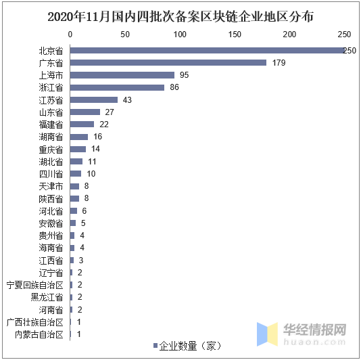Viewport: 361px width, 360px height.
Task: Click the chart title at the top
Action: tap(180, 16)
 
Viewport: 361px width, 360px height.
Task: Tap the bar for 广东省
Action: tap(168, 62)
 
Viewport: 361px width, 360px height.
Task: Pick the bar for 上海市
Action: tap(122, 74)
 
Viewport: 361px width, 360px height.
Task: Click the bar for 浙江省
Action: tap(117, 87)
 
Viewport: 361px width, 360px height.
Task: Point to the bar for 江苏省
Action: tap(93, 99)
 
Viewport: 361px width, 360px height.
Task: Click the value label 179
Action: tap(278, 63)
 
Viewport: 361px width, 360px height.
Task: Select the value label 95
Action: tap(184, 75)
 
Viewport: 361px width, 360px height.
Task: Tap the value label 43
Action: tap(127, 100)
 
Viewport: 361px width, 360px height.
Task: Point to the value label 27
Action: tap(110, 112)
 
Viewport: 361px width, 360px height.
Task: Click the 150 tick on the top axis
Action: tap(235, 34)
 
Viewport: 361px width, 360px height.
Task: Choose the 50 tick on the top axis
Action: tap(125, 34)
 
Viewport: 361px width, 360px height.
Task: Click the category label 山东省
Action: tap(51, 112)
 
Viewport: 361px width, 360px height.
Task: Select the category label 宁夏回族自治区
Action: tap(34, 285)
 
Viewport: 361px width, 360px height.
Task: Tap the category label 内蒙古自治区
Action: tap(39, 334)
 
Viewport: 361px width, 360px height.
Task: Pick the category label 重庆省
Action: tap(51, 150)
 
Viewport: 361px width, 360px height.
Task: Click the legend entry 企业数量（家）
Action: tap(187, 346)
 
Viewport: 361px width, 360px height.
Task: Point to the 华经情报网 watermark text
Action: tap(314, 330)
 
